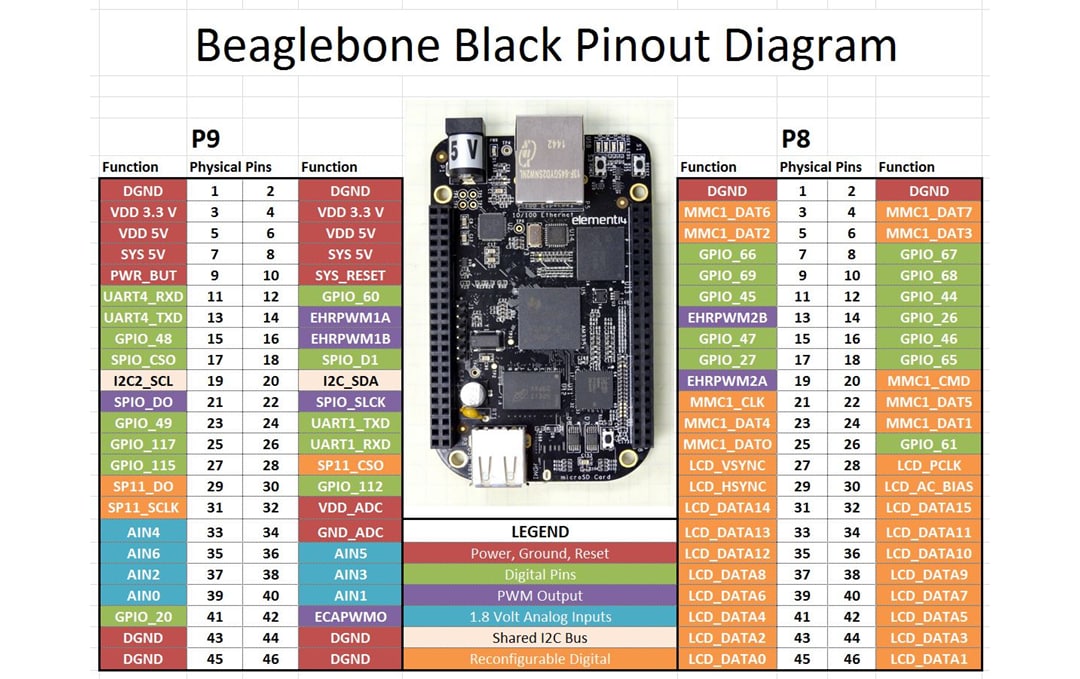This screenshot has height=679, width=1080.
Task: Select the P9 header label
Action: (206, 138)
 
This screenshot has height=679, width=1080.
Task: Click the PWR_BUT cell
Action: (143, 275)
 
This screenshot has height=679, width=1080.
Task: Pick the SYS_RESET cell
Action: (350, 275)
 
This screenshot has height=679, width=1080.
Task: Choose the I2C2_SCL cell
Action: (143, 381)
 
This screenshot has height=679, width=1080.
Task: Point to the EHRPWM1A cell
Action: (350, 317)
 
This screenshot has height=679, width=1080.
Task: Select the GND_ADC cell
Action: (350, 532)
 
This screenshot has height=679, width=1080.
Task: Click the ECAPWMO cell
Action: (350, 617)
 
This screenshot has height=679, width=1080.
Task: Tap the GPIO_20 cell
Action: (143, 617)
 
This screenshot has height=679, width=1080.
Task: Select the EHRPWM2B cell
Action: (727, 317)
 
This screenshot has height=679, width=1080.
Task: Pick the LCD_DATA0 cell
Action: (727, 660)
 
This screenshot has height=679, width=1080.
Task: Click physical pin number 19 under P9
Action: (214, 381)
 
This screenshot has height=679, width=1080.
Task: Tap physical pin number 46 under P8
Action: (851, 660)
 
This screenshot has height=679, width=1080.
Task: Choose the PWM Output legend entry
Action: (539, 596)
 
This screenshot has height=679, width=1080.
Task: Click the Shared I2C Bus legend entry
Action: (539, 638)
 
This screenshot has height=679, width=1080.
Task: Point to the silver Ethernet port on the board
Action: (549, 148)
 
